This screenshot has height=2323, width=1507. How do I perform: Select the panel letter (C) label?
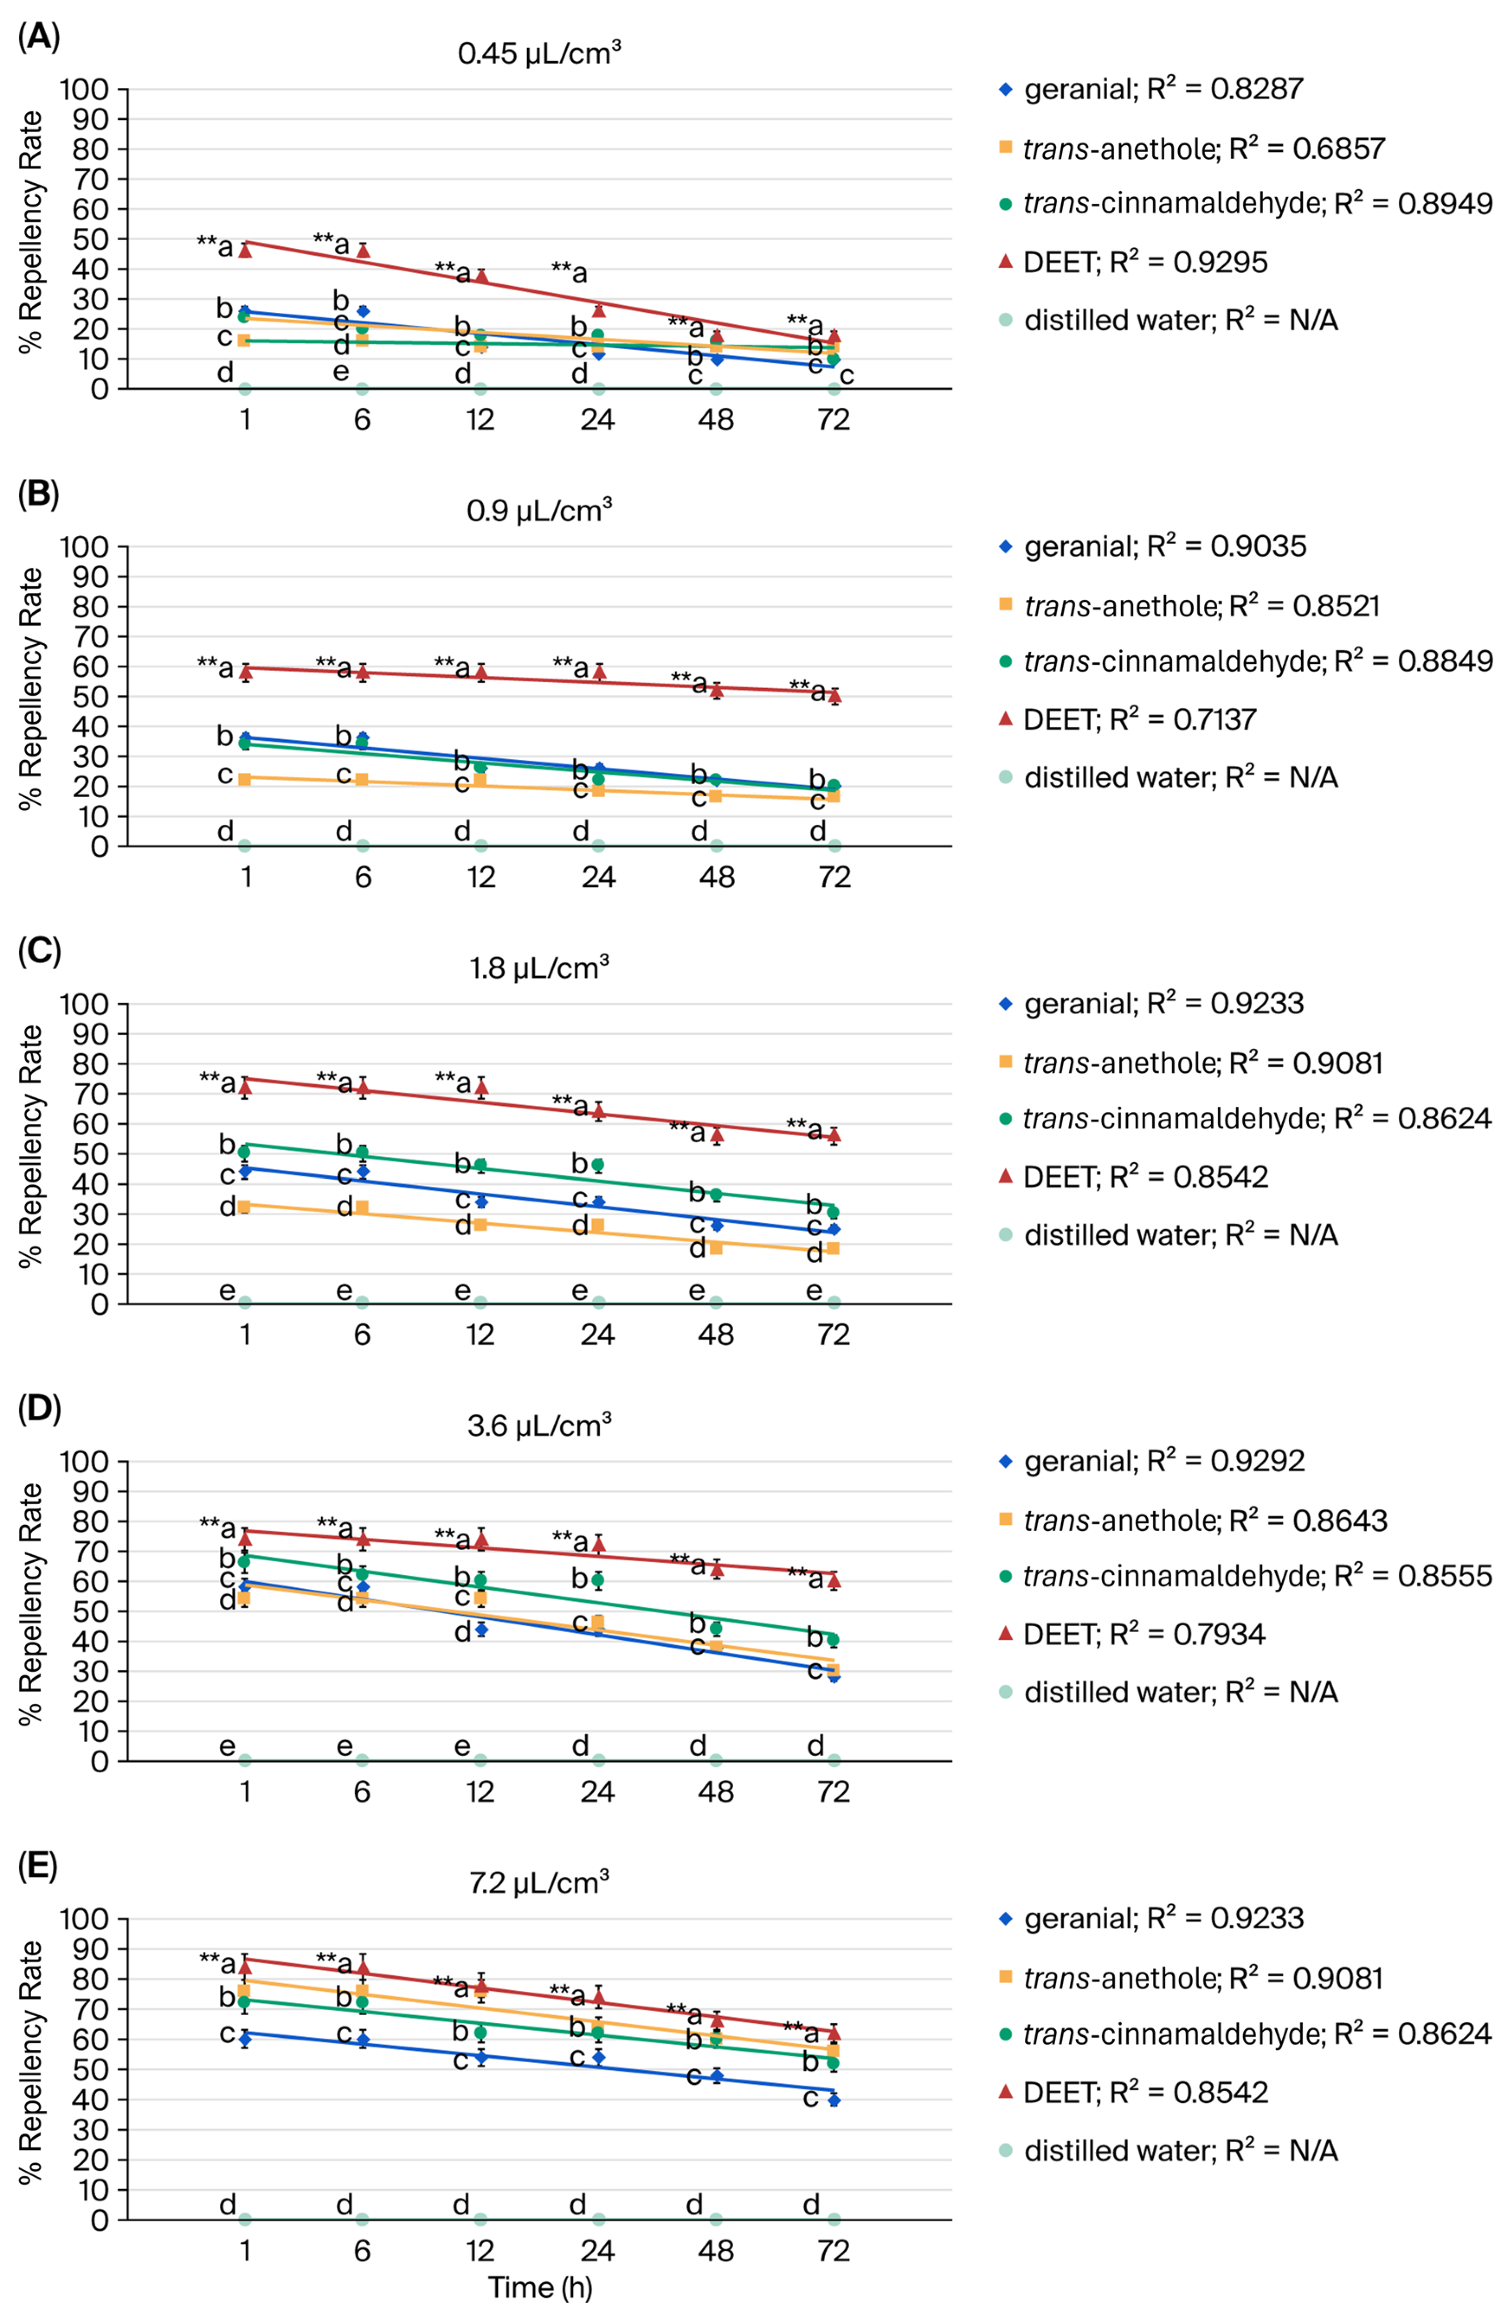point(39,952)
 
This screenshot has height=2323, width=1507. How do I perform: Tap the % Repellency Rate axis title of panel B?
point(31,688)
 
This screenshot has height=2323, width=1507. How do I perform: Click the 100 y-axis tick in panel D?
point(85,1461)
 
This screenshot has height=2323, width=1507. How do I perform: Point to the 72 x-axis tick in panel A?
point(834,420)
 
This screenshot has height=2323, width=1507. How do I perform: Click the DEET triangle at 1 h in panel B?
point(246,672)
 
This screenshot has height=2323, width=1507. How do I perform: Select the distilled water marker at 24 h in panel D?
point(598,1760)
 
